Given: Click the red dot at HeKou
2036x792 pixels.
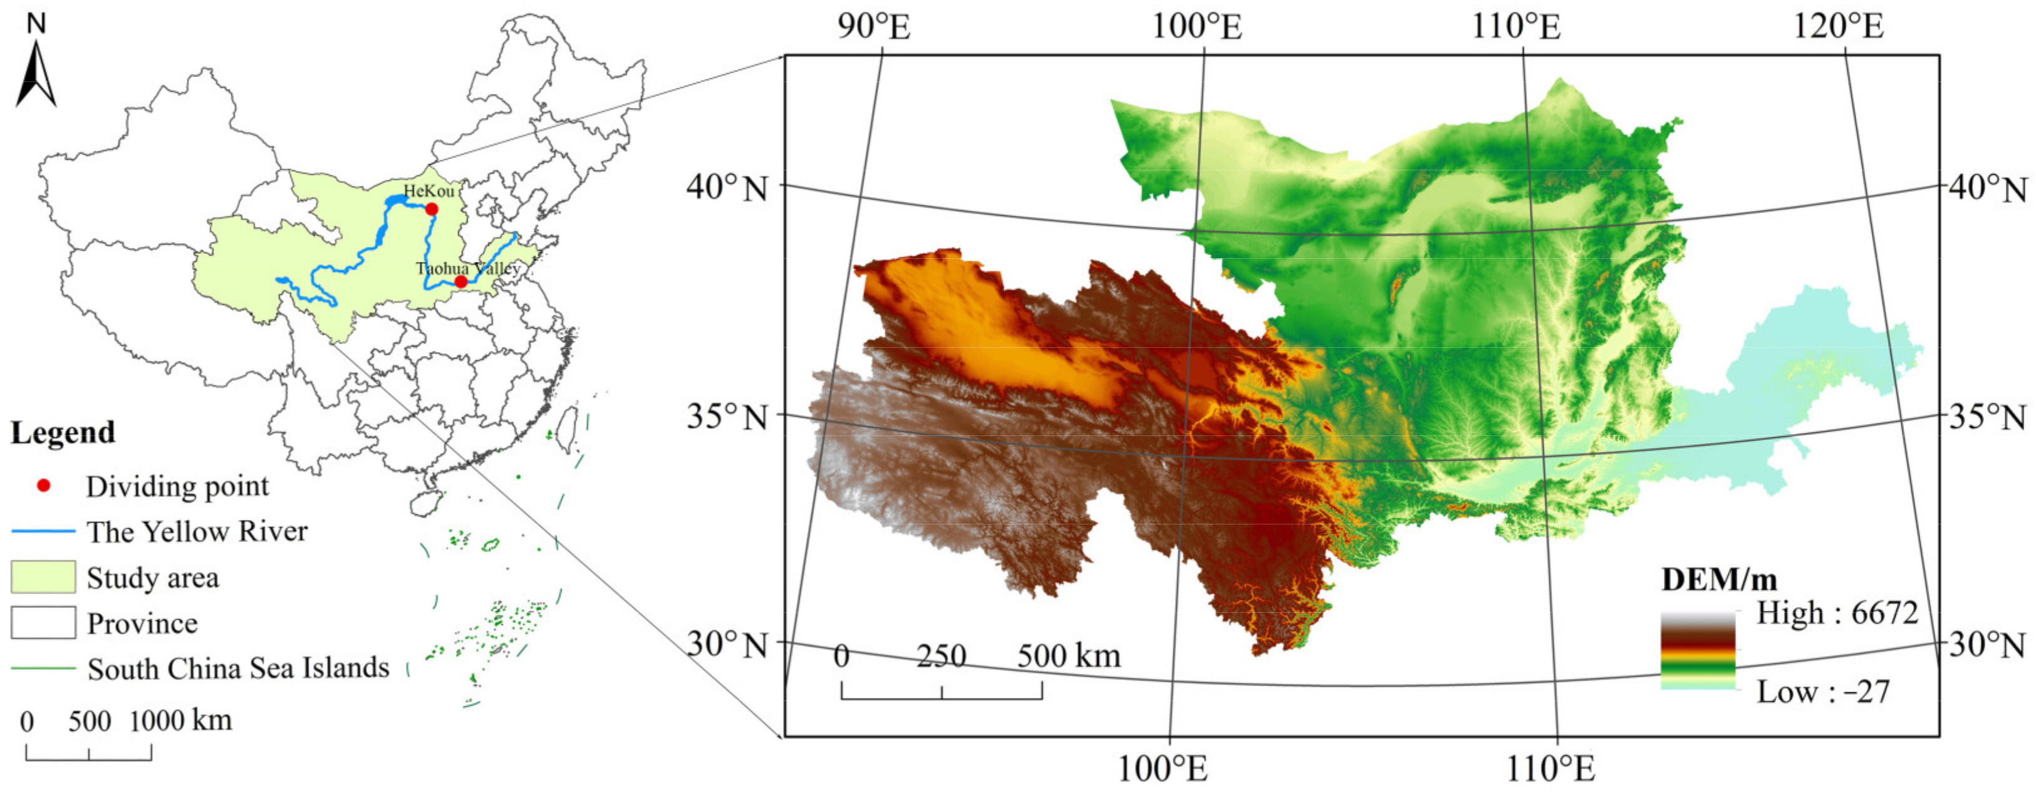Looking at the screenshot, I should pos(432,209).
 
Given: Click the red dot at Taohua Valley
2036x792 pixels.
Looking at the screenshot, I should pos(461,281).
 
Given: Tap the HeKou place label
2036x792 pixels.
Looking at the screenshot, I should pos(429,190).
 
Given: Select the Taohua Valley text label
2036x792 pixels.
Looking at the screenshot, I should pos(468,268).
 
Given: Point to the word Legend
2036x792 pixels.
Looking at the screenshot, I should pos(63,432).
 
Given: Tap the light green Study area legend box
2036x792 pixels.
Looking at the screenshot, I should pos(43,577).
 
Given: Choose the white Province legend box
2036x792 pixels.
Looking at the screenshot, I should pos(43,623).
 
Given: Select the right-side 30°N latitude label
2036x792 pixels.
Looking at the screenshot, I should pos(1987,645).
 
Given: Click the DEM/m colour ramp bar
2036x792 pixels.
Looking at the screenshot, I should pos(1698,650).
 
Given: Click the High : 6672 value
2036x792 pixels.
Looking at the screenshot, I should pos(1837,613).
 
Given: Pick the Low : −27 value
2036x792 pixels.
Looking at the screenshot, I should pos(1822,692).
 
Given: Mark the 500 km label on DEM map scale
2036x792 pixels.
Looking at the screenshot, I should pos(1069,656).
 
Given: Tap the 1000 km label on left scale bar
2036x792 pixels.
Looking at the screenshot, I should pos(180,720).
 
